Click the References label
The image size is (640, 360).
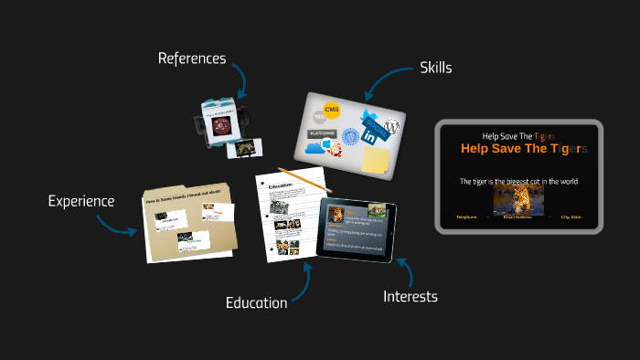191,58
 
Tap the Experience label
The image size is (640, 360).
81,201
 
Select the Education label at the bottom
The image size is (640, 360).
256,302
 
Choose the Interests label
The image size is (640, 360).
411,296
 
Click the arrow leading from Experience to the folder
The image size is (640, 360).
118,224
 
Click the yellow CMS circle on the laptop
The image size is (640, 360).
332,111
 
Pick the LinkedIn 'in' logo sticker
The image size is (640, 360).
370,136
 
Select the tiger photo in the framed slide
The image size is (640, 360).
518,200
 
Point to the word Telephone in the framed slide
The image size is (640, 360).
468,217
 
